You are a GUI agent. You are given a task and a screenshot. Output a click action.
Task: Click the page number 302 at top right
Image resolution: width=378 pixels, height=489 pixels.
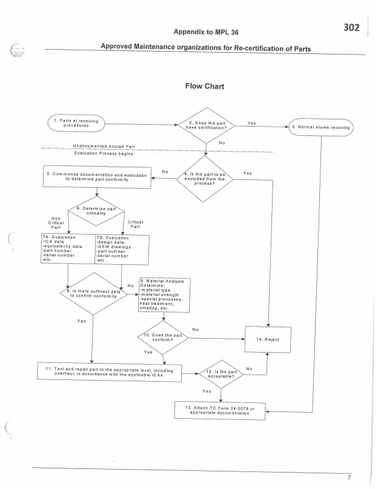(x=352, y=28)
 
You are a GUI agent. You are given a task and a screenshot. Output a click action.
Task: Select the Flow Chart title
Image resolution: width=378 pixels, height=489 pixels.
(x=205, y=86)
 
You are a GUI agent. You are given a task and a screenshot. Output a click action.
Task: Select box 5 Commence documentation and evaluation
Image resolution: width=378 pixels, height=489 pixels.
(x=97, y=177)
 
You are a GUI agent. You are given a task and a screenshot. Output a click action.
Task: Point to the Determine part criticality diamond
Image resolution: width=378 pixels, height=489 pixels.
(x=97, y=213)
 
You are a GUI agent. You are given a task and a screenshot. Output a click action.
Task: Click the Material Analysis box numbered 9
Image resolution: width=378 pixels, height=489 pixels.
(x=165, y=295)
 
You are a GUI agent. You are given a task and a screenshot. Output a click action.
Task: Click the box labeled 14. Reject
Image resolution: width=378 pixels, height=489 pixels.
(x=267, y=339)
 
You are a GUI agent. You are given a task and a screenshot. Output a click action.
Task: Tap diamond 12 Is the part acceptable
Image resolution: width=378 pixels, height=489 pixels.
(x=220, y=374)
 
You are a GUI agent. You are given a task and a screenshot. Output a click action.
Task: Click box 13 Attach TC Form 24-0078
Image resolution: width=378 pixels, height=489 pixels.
(x=220, y=412)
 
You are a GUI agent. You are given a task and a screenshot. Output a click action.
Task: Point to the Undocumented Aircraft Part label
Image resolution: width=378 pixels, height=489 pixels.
(x=104, y=146)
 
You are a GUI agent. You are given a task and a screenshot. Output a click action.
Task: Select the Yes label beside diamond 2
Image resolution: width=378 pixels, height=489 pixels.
(x=252, y=123)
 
